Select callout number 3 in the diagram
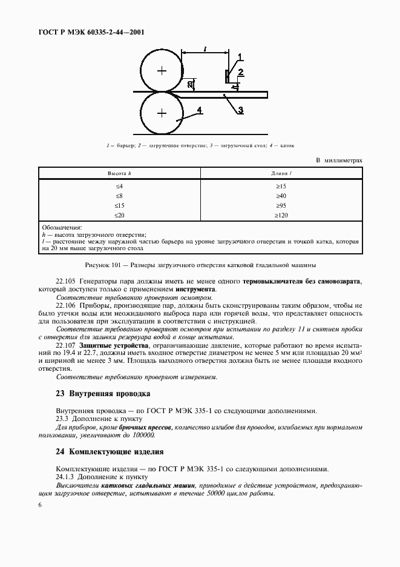point(240,110)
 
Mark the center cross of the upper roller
point(162,71)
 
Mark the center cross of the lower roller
point(162,113)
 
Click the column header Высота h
point(119,174)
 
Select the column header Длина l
point(281,174)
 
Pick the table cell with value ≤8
point(119,196)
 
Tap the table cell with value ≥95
point(281,205)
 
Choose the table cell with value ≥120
point(281,214)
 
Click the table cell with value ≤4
point(119,186)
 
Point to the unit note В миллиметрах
point(339,160)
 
